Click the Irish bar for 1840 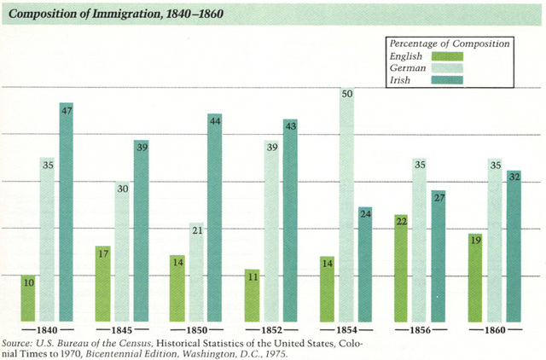pyautogui.click(x=67, y=213)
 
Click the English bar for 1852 pyautogui.click(x=252, y=295)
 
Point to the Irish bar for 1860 pyautogui.click(x=513, y=247)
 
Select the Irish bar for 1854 pyautogui.click(x=366, y=264)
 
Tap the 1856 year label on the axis pyautogui.click(x=421, y=329)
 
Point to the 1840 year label pyautogui.click(x=49, y=329)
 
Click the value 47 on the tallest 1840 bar pyautogui.click(x=67, y=109)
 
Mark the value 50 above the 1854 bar pyautogui.click(x=348, y=93)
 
